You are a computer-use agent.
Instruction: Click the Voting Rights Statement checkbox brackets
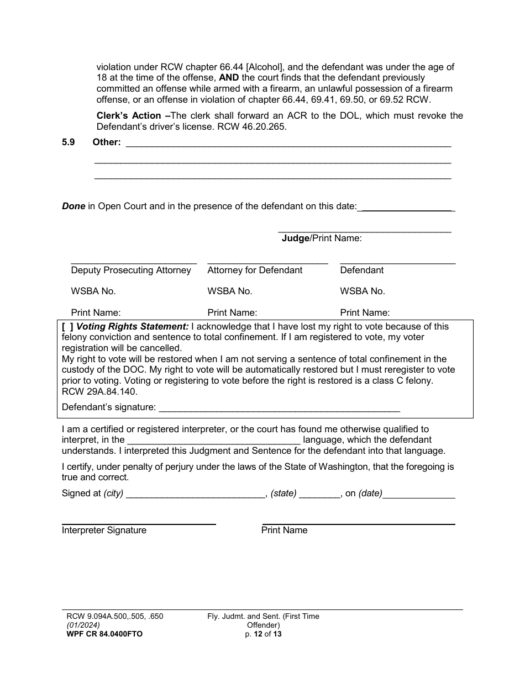pyautogui.click(x=68, y=327)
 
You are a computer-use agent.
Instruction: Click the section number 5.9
pyautogui.click(x=69, y=142)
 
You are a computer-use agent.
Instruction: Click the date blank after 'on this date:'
pyautogui.click(x=406, y=207)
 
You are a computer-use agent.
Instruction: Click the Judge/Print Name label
pyautogui.click(x=322, y=238)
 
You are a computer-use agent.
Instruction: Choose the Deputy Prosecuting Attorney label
pyautogui.click(x=131, y=270)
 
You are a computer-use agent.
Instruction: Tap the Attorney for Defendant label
pyautogui.click(x=255, y=270)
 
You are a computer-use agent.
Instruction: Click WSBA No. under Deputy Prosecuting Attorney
pyautogui.click(x=93, y=291)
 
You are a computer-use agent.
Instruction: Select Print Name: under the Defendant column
pyautogui.click(x=365, y=312)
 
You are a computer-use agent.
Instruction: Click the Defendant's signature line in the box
pyautogui.click(x=279, y=408)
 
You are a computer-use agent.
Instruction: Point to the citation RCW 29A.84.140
pyautogui.click(x=99, y=392)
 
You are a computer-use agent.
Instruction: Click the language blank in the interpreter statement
pyautogui.click(x=214, y=441)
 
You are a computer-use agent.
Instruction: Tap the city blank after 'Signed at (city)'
pyautogui.click(x=196, y=494)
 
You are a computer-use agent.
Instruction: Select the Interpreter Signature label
pyautogui.click(x=104, y=531)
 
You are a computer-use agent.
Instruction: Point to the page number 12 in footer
pyautogui.click(x=258, y=634)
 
